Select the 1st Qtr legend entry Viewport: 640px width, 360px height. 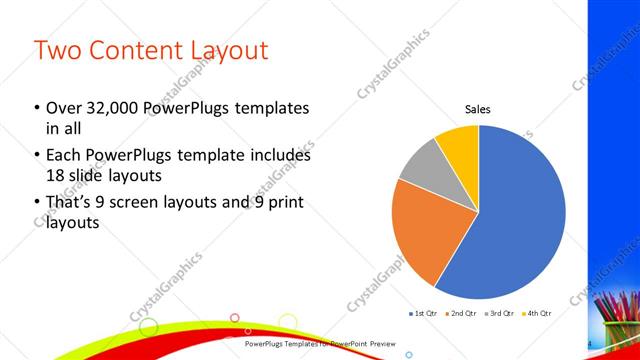coord(424,314)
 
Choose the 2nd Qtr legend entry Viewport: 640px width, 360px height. coord(460,314)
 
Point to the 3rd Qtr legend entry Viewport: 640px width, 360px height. coord(497,314)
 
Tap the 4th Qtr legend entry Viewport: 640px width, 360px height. coord(534,314)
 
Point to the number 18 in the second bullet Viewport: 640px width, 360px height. coord(56,176)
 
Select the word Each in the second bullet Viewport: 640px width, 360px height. coord(65,155)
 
